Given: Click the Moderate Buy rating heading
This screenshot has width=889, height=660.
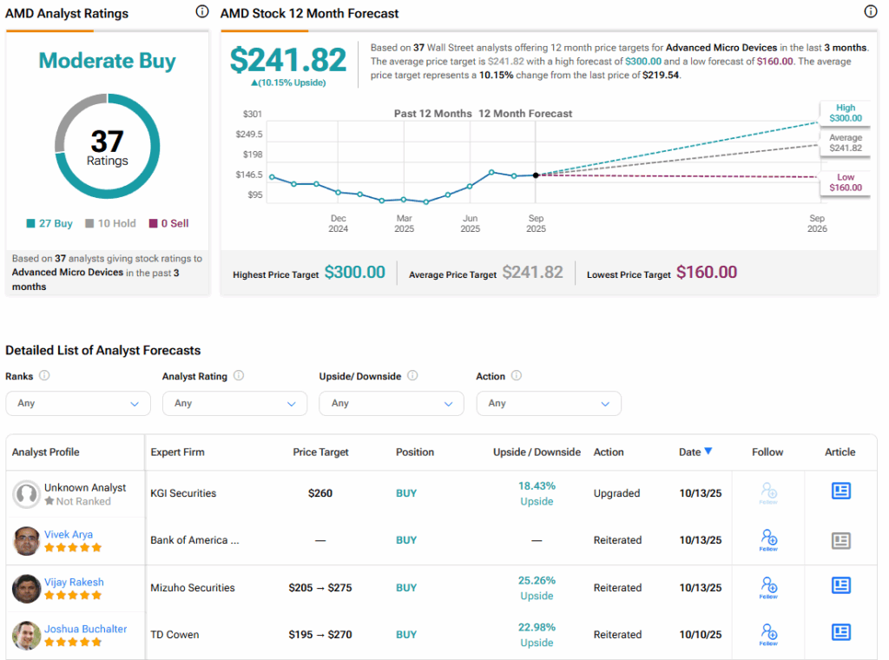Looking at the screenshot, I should [x=107, y=62].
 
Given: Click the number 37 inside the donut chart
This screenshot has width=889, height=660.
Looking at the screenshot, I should [x=107, y=142].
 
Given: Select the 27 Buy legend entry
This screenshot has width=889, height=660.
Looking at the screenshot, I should [x=49, y=223].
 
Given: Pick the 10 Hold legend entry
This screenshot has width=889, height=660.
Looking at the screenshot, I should [x=110, y=223].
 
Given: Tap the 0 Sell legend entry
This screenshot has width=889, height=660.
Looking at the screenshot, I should [x=168, y=223].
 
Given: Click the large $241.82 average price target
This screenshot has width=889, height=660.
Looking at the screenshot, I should [x=288, y=60].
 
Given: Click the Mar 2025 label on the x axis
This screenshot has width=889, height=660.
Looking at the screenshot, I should [x=405, y=223].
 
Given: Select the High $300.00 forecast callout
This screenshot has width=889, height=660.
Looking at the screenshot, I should [x=845, y=113].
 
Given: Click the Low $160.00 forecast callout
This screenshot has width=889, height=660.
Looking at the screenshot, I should [x=845, y=182].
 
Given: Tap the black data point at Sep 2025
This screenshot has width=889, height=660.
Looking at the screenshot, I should [x=536, y=175].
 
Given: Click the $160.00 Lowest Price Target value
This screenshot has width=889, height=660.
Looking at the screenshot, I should [x=706, y=273].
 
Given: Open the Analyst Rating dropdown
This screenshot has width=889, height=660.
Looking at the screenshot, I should [x=234, y=403].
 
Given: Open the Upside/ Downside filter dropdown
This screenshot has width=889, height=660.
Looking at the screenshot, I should [x=392, y=403].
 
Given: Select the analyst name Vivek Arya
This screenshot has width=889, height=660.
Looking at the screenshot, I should [x=69, y=535].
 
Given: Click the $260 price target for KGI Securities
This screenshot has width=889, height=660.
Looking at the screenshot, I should [x=320, y=493].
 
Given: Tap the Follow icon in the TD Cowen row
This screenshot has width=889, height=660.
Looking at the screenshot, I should [x=767, y=634].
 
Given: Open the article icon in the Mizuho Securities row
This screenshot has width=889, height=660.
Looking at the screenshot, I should [x=840, y=586].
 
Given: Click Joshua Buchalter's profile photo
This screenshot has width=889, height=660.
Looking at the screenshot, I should [x=26, y=636].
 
